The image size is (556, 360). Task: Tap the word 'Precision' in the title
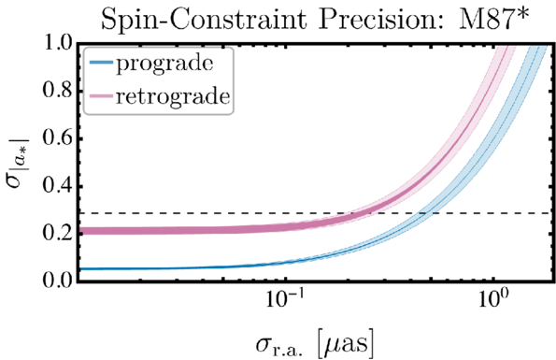pos(383,19)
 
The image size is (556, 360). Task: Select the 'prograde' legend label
pos(164,65)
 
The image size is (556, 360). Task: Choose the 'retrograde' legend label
pos(173,96)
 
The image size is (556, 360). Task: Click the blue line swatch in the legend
pos(101,63)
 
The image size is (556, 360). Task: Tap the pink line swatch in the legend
pos(101,96)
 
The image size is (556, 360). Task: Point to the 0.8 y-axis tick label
pos(57,91)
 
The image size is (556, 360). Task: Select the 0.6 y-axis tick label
pos(57,138)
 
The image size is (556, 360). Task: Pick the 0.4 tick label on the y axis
pos(57,186)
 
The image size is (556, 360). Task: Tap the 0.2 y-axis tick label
pos(57,234)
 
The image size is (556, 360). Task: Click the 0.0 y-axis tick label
pos(57,281)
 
